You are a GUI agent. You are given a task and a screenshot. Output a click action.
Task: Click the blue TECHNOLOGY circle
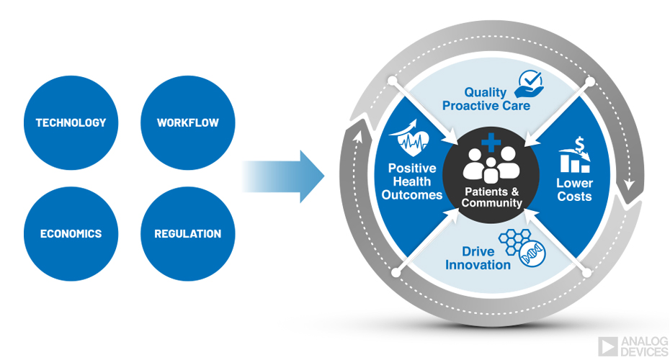click(71, 122)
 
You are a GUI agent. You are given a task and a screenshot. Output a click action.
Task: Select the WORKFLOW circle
click(187, 122)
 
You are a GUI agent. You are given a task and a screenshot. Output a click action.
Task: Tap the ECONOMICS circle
click(71, 234)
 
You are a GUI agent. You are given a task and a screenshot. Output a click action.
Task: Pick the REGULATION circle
click(187, 234)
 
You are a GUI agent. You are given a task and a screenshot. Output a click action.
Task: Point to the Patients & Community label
click(491, 197)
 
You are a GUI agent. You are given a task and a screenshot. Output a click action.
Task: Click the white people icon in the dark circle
click(490, 165)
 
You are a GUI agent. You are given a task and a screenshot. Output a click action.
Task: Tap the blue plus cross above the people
click(491, 142)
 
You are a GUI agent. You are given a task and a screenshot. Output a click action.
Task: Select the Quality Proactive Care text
click(486, 99)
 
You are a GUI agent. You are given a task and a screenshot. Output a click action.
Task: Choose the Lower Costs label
click(574, 189)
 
